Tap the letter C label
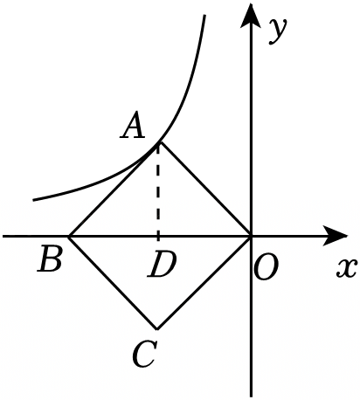(x=144, y=354)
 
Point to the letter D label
(x=162, y=264)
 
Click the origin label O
(x=266, y=267)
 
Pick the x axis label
(x=347, y=268)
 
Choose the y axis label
(x=278, y=31)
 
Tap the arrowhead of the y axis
(x=251, y=15)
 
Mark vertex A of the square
(x=158, y=142)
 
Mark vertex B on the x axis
(x=69, y=237)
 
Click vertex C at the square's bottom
(x=157, y=329)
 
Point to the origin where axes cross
(x=251, y=236)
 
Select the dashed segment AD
(x=158, y=190)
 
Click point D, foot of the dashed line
(x=158, y=237)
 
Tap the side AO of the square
(x=204, y=189)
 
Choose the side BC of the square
(x=113, y=283)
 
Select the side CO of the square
(x=204, y=283)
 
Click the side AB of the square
(x=114, y=190)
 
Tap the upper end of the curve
(x=204, y=15)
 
